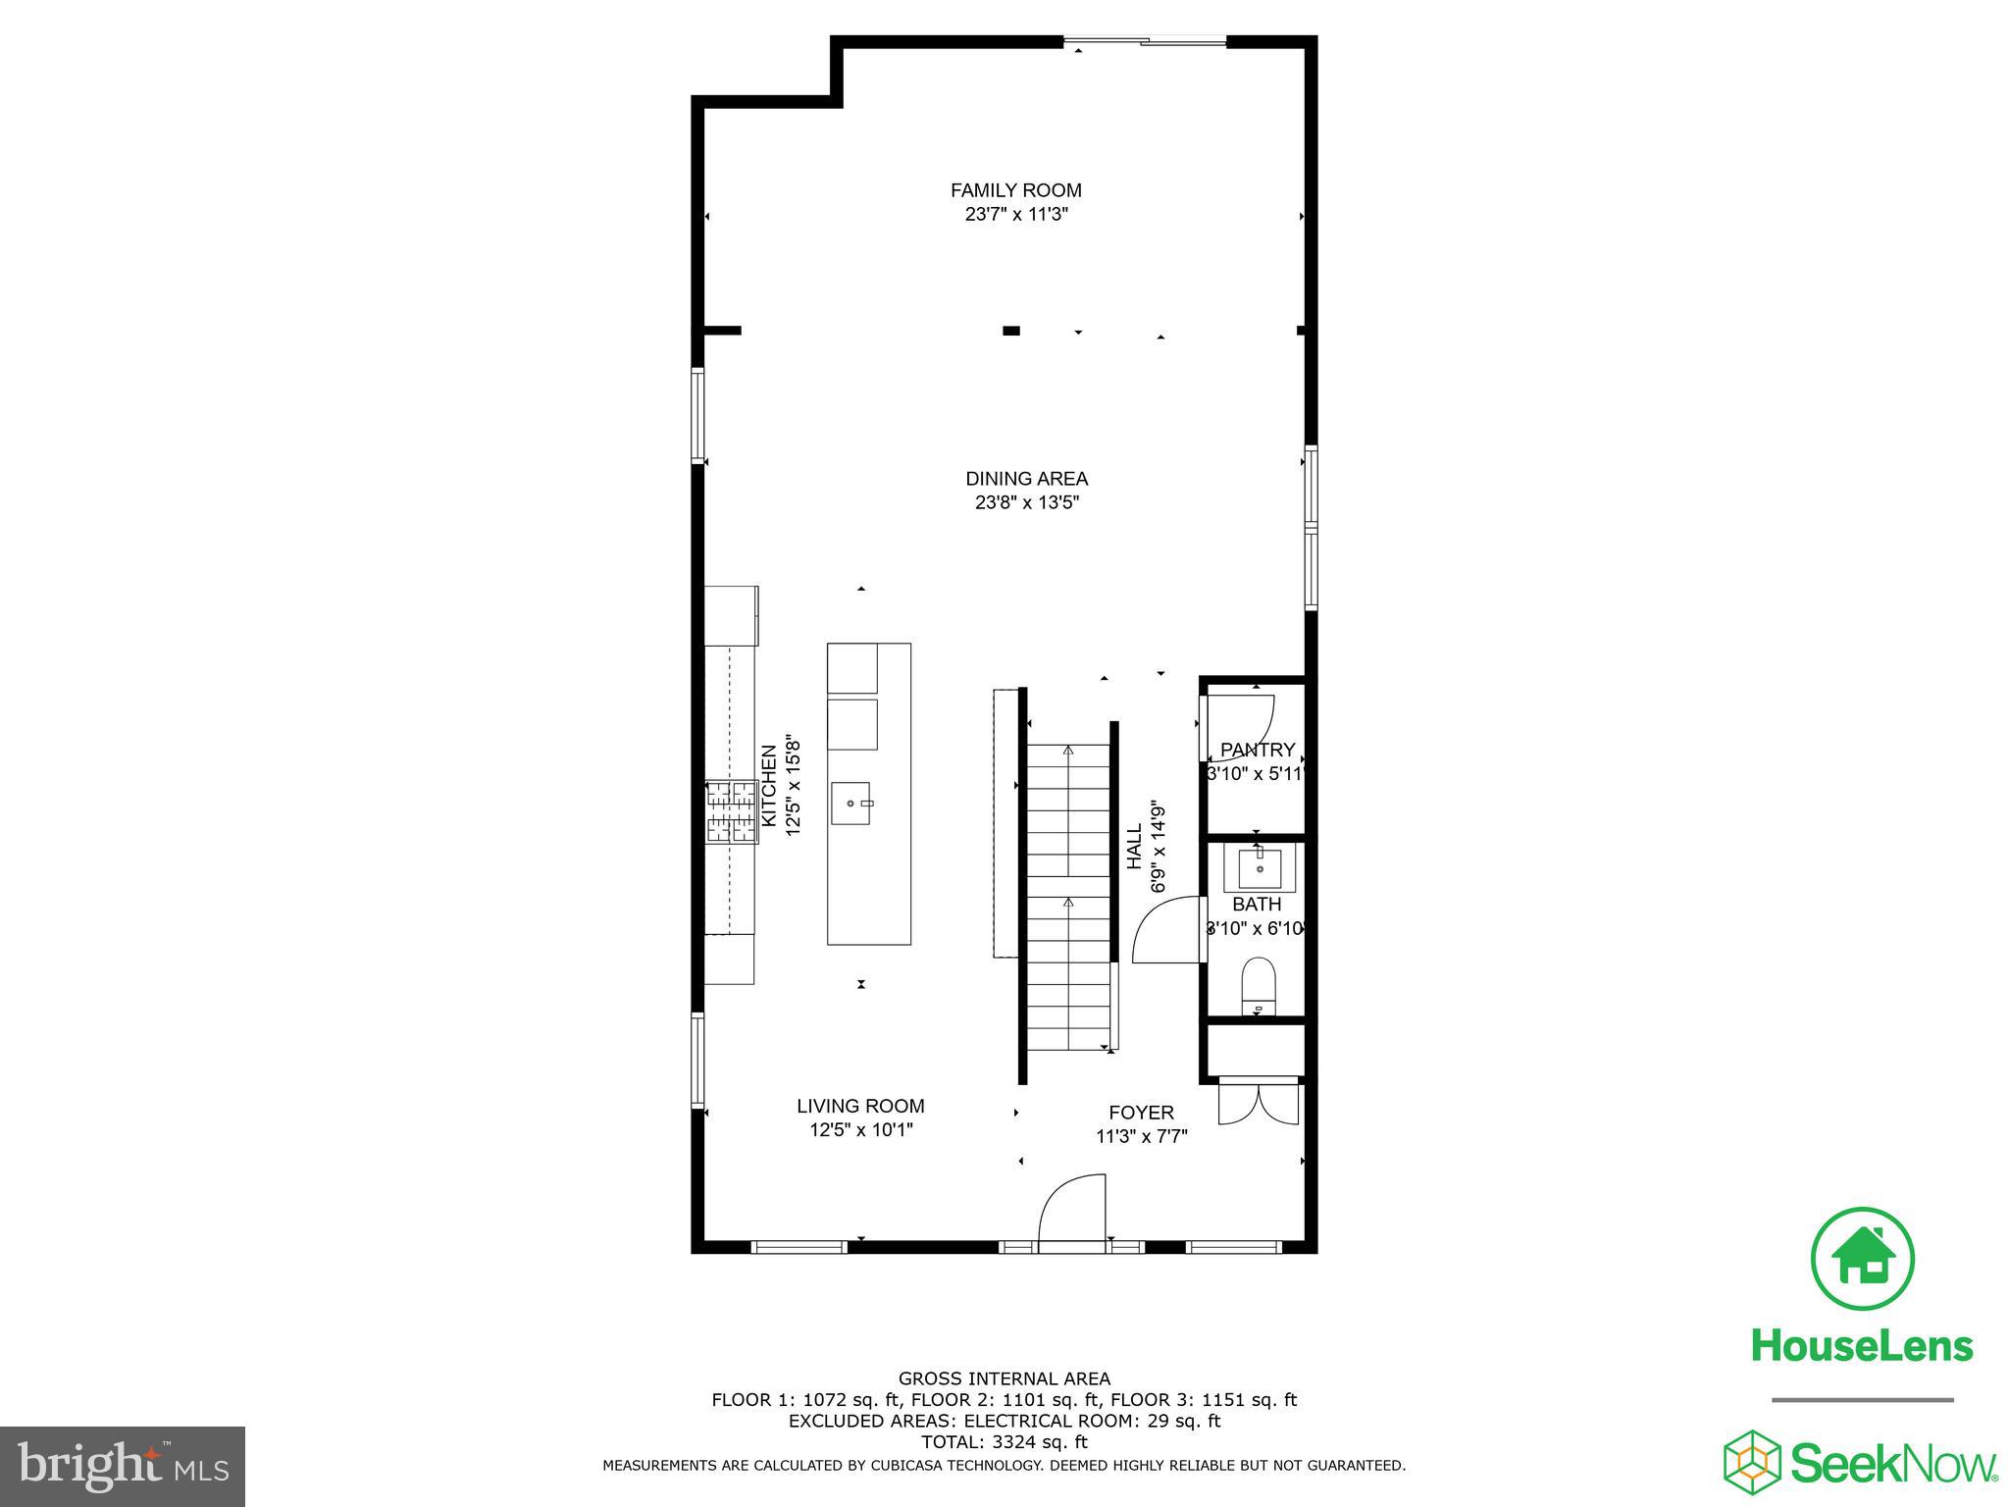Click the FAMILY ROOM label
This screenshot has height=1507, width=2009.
pyautogui.click(x=1015, y=190)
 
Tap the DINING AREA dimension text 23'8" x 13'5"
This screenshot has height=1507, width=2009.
pyautogui.click(x=1026, y=503)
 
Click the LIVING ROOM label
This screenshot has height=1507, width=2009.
pyautogui.click(x=860, y=1106)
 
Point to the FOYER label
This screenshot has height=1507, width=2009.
pyautogui.click(x=1141, y=1113)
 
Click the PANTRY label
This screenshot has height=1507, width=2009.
pyautogui.click(x=1257, y=750)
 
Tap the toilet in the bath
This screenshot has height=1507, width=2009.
pyautogui.click(x=1258, y=982)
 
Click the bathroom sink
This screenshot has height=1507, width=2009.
pyautogui.click(x=1260, y=868)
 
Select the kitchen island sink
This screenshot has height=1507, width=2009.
pyautogui.click(x=851, y=804)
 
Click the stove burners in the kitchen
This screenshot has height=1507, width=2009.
pyautogui.click(x=731, y=811)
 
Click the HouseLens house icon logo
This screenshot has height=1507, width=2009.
pyautogui.click(x=1861, y=1260)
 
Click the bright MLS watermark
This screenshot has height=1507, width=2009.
pyautogui.click(x=123, y=1467)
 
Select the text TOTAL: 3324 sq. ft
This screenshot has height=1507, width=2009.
pyautogui.click(x=1004, y=1442)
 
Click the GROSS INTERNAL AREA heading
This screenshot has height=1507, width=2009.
pyautogui.click(x=1004, y=1378)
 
